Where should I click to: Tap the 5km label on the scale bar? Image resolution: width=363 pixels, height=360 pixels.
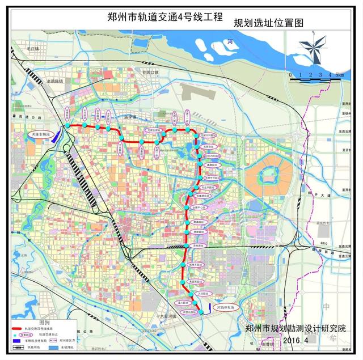pyautogui.click(x=339, y=74)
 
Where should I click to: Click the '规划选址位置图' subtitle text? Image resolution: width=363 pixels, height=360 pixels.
pyautogui.click(x=269, y=23)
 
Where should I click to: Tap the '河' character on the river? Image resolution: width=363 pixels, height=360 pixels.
pyautogui.click(x=230, y=42)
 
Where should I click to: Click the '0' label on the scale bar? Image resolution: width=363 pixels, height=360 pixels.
pyautogui.click(x=290, y=74)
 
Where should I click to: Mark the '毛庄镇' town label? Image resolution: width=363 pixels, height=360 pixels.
pyautogui.click(x=32, y=50)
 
